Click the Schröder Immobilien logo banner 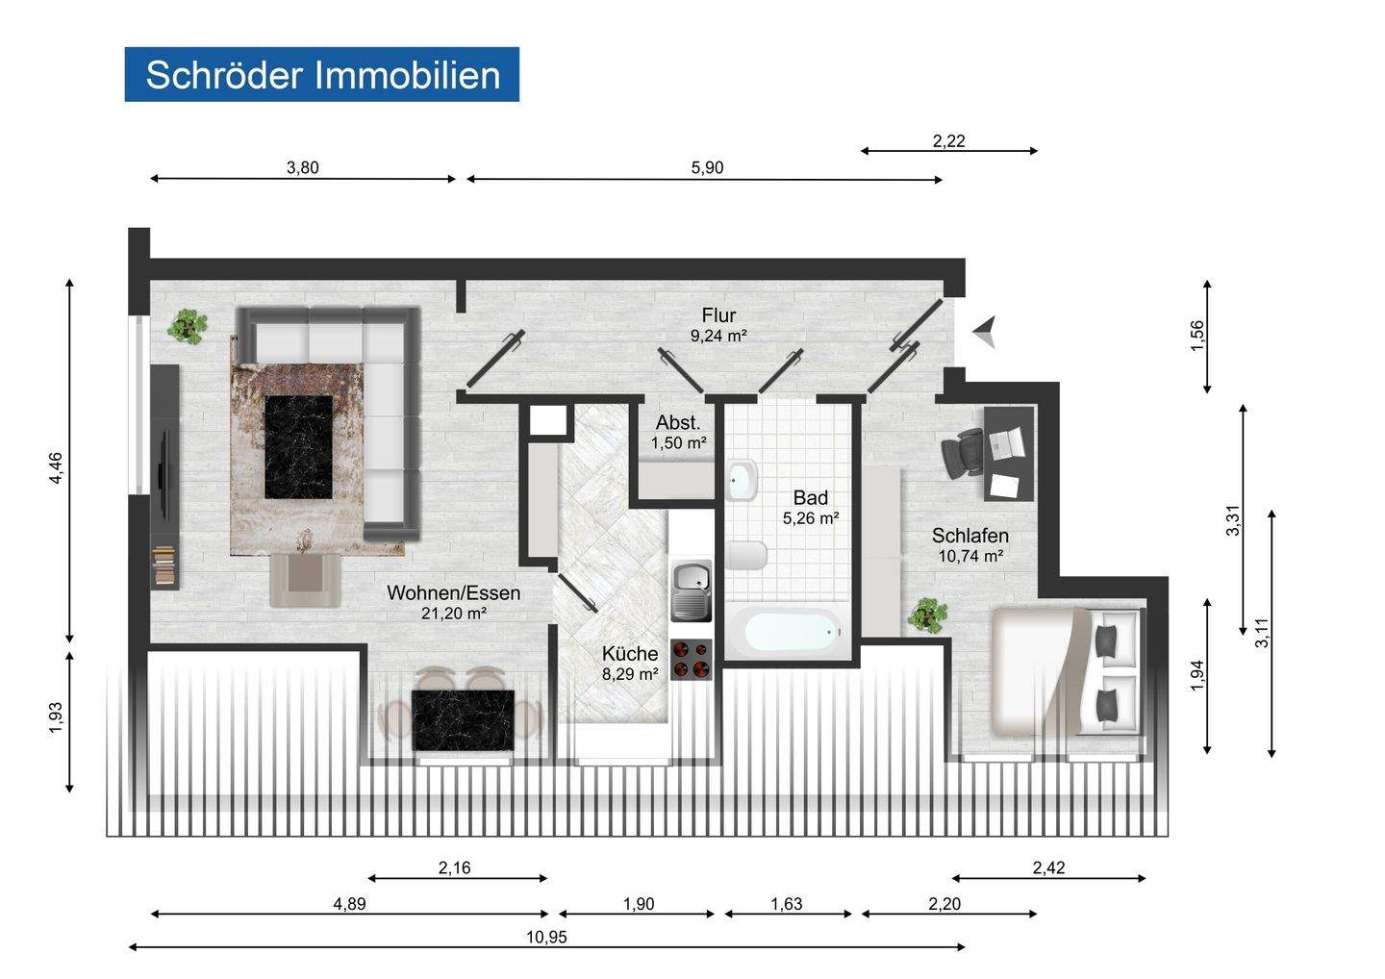point(321,74)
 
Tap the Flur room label point(718,315)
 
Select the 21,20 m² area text point(453,614)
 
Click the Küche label point(630,654)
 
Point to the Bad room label point(810,498)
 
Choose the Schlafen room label point(969,536)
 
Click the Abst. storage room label point(678,423)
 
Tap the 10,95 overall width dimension point(546,938)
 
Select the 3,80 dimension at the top point(302,167)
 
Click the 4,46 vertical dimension point(56,467)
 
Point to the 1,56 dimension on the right point(1197,336)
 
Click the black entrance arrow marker point(985,332)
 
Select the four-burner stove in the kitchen point(690,660)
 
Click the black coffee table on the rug point(298,446)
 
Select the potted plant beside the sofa point(187,327)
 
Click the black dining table point(462,719)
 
